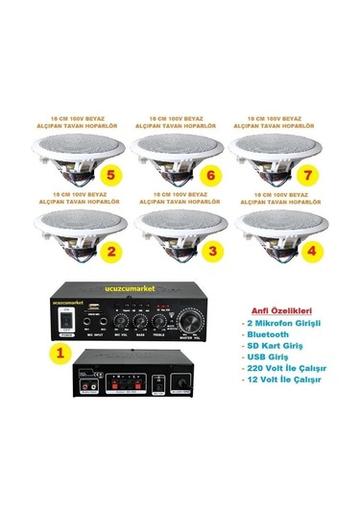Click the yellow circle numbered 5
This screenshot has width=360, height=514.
click(x=112, y=176)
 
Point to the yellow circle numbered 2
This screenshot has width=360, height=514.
click(x=112, y=254)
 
